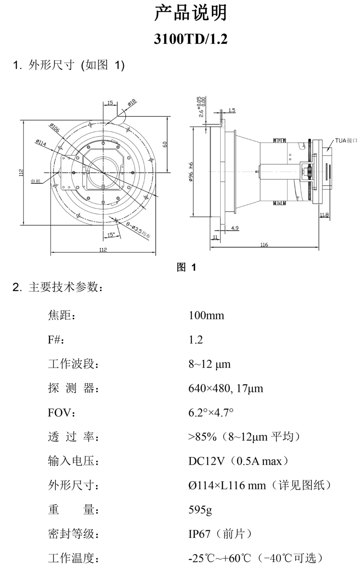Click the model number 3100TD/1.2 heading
(x=190, y=39)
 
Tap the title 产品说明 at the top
(x=190, y=13)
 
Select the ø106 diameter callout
(x=55, y=128)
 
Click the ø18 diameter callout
(x=132, y=103)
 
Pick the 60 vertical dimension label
(x=165, y=144)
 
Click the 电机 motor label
(x=36, y=181)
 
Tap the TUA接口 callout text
(x=346, y=141)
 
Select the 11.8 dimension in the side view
(x=324, y=215)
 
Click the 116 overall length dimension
(x=264, y=244)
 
